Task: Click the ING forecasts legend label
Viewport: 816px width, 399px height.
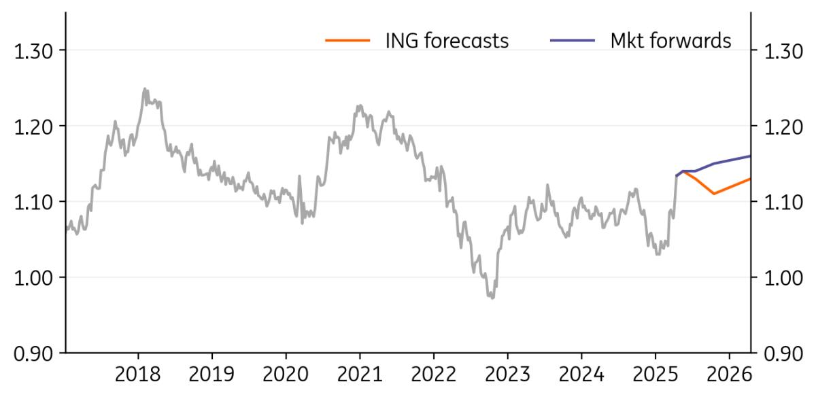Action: click(446, 41)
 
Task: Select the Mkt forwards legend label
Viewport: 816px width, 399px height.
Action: click(670, 41)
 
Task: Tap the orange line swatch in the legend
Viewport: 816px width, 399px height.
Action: click(347, 41)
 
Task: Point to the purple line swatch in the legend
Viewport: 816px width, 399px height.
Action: click(573, 41)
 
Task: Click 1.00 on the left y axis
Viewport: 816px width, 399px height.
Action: click(35, 277)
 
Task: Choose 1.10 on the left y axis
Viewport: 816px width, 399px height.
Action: click(35, 202)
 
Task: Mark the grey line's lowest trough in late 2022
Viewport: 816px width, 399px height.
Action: click(492, 298)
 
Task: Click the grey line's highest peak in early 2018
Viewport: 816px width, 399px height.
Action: click(144, 88)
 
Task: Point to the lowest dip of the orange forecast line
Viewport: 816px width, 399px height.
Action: click(714, 194)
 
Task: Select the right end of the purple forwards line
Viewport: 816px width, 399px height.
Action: click(750, 156)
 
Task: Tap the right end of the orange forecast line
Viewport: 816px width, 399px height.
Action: click(750, 179)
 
